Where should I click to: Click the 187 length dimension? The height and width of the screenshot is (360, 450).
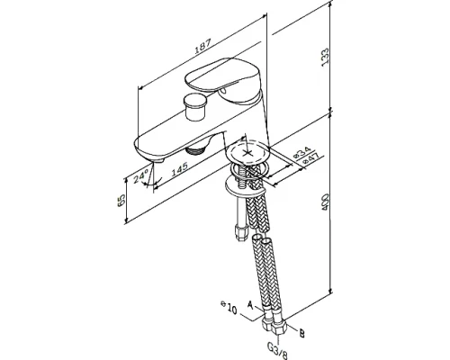[202, 46]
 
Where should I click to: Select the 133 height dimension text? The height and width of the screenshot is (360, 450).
[325, 57]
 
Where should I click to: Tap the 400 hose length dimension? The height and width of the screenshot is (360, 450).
[325, 202]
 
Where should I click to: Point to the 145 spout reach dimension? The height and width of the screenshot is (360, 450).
[179, 168]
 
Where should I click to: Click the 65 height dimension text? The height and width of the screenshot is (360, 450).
[121, 200]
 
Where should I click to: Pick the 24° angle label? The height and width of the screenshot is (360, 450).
[140, 176]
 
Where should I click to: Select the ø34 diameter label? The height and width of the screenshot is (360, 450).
[301, 153]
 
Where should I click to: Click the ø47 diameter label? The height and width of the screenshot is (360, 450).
[311, 158]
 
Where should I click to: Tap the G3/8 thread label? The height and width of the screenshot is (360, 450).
[277, 351]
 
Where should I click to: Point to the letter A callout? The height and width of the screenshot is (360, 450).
[250, 305]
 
